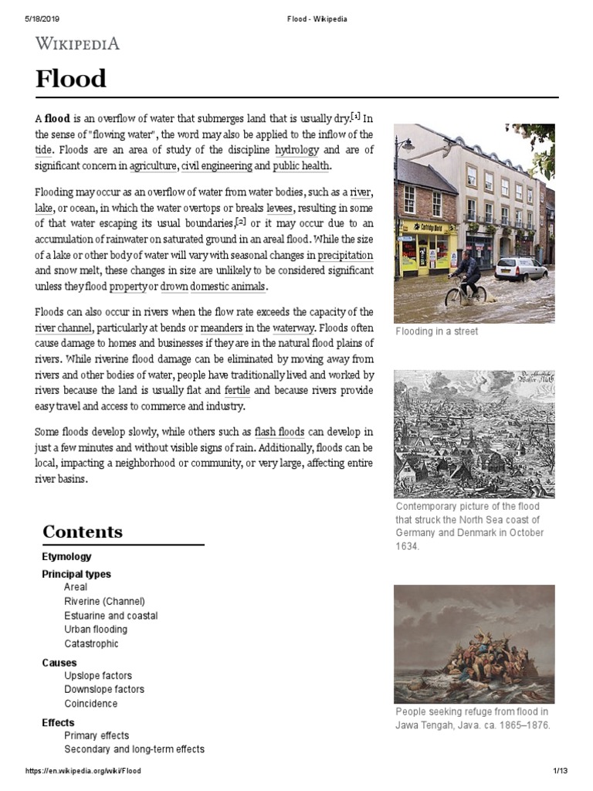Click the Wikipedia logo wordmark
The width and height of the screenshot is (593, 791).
tap(77, 43)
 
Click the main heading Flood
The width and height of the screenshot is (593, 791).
tap(70, 78)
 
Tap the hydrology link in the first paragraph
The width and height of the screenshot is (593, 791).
tap(296, 149)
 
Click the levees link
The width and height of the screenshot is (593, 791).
tap(280, 208)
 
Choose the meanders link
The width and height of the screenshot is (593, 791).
tap(221, 328)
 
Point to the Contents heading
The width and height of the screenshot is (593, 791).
tap(83, 531)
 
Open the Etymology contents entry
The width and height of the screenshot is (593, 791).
tap(66, 556)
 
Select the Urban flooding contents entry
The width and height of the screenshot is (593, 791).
tap(96, 630)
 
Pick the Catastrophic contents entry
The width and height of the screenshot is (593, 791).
tap(91, 643)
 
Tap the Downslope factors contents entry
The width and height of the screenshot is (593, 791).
tap(104, 689)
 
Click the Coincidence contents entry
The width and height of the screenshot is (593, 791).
tap(91, 704)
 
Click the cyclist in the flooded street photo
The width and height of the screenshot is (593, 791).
tap(467, 277)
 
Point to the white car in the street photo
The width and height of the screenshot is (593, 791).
tap(521, 269)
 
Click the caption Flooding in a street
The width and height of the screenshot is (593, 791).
tap(436, 331)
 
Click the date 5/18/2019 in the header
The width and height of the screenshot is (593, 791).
tap(30, 19)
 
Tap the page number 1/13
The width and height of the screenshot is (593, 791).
tap(560, 771)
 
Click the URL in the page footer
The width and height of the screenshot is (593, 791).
tap(83, 771)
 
